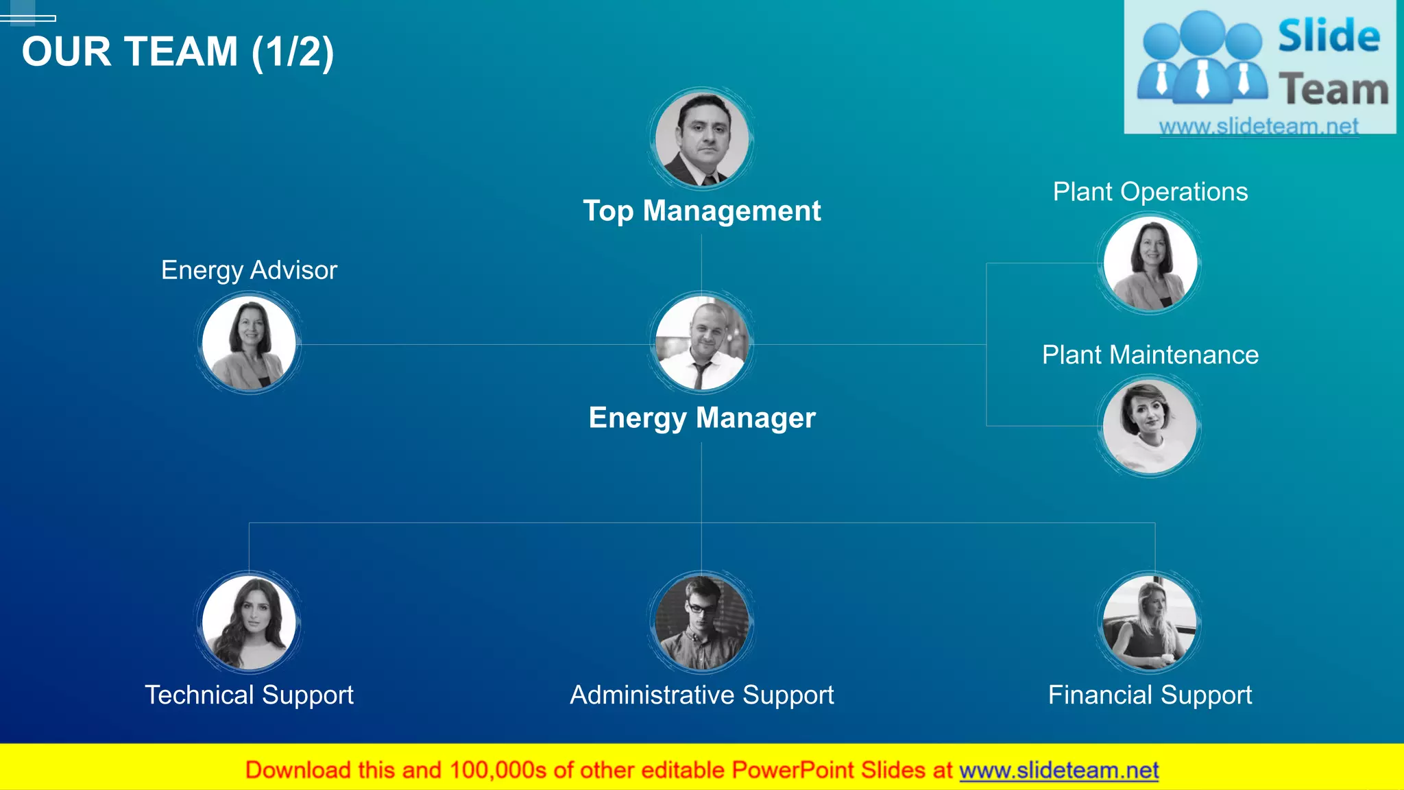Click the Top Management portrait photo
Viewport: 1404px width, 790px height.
pyautogui.click(x=701, y=139)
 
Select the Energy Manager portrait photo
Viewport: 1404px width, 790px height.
pyautogui.click(x=701, y=344)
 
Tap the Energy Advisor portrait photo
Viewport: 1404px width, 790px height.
pyautogui.click(x=249, y=344)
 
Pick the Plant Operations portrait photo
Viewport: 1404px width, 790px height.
pyautogui.click(x=1150, y=263)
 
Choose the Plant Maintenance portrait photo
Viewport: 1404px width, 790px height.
pyautogui.click(x=1150, y=427)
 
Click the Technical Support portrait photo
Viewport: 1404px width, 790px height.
pyautogui.click(x=249, y=622)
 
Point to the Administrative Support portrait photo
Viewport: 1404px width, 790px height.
pyautogui.click(x=701, y=622)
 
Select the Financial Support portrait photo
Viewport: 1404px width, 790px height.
pyautogui.click(x=1150, y=622)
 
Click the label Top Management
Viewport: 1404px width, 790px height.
pyautogui.click(x=701, y=211)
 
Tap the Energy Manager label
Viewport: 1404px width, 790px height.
pyautogui.click(x=701, y=418)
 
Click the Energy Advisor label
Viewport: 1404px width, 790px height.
pyautogui.click(x=249, y=270)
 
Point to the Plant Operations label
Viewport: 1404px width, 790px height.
pyautogui.click(x=1150, y=192)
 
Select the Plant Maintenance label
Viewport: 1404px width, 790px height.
pyautogui.click(x=1150, y=355)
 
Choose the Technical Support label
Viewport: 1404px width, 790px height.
pyautogui.click(x=249, y=695)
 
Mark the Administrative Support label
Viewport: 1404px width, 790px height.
pyautogui.click(x=701, y=695)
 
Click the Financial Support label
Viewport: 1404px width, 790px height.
pyautogui.click(x=1150, y=695)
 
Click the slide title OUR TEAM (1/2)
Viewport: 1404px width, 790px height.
pyautogui.click(x=178, y=52)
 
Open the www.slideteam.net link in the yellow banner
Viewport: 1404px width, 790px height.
pyautogui.click(x=1058, y=771)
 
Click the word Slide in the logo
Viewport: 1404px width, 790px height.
pyautogui.click(x=1329, y=37)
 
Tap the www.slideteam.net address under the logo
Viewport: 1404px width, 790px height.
pyautogui.click(x=1259, y=126)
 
